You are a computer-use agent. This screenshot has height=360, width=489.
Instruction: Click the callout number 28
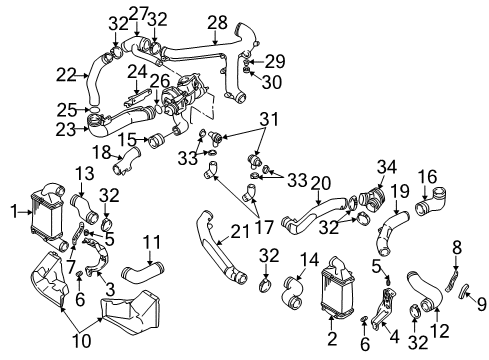point(217,22)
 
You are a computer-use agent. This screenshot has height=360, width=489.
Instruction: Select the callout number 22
point(66,75)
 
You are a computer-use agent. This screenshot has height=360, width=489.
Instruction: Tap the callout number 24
point(137,71)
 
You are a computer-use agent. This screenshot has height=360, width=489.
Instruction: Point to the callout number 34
point(387,167)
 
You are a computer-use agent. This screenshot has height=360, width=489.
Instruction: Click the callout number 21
point(240,231)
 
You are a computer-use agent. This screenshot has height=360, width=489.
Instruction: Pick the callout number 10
point(82,341)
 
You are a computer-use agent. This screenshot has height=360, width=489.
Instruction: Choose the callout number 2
point(332,339)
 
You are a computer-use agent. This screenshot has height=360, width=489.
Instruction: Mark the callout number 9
point(481,304)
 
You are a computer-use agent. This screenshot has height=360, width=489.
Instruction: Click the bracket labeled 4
point(383,308)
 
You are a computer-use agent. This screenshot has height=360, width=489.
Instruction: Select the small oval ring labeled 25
point(95,110)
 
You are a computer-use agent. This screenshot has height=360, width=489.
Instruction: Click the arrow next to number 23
point(82,128)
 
